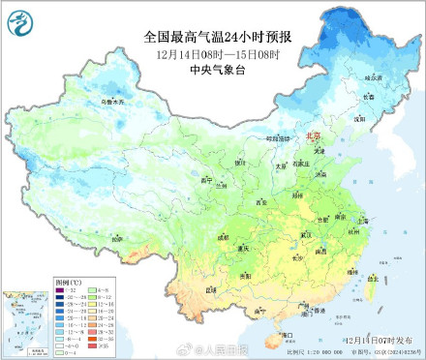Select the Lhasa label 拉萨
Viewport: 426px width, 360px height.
pyautogui.click(x=117, y=236)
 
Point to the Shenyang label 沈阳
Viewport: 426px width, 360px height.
pyautogui.click(x=359, y=118)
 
